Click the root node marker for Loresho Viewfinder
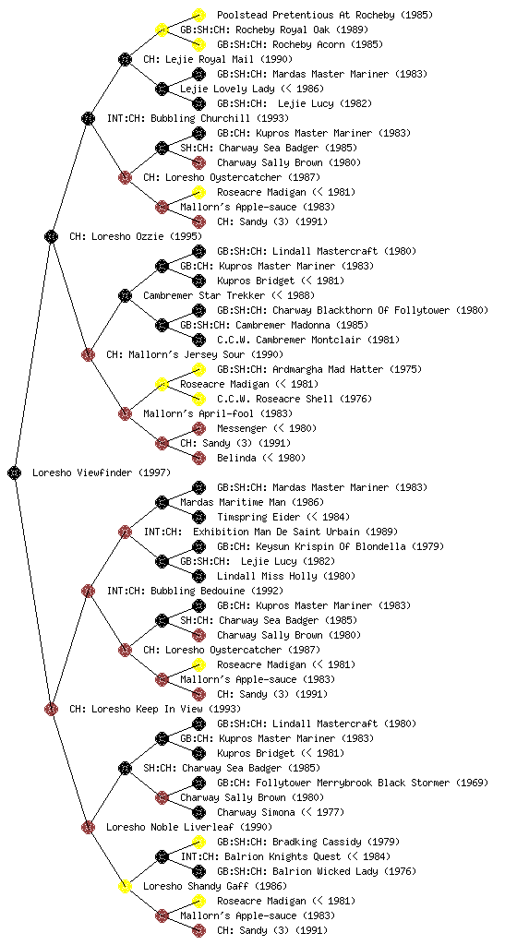pyautogui.click(x=15, y=472)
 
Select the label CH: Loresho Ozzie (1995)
pyautogui.click(x=136, y=236)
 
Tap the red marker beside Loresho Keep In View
pyautogui.click(x=51, y=709)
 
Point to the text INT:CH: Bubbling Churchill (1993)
pyautogui.click(x=198, y=118)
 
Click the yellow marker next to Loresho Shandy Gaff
pyautogui.click(x=125, y=886)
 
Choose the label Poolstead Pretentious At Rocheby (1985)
pyautogui.click(x=325, y=15)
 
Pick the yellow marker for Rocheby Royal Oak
pyautogui.click(x=162, y=30)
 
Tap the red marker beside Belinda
pyautogui.click(x=198, y=458)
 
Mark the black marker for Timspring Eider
pyautogui.click(x=198, y=517)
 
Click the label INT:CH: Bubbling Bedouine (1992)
pyautogui.click(x=195, y=591)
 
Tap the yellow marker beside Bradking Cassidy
pyautogui.click(x=198, y=842)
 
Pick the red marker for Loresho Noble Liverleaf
pyautogui.click(x=88, y=827)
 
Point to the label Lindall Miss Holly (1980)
pyautogui.click(x=286, y=576)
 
